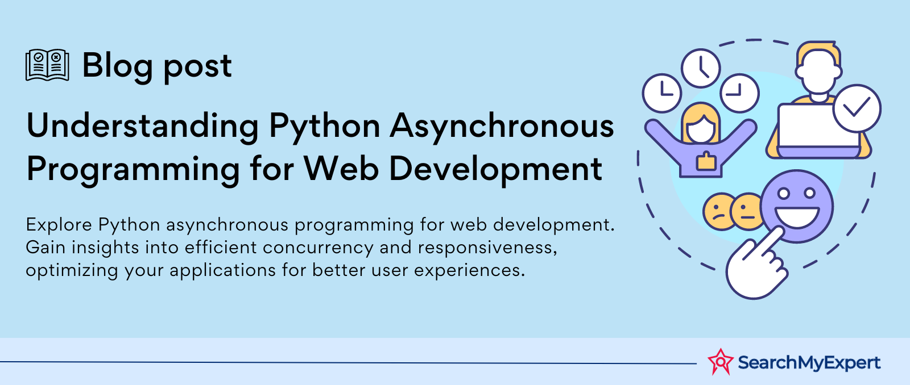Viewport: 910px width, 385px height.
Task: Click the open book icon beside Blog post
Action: tap(47, 65)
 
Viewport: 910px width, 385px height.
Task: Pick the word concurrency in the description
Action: tap(318, 248)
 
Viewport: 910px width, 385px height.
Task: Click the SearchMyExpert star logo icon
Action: tap(720, 362)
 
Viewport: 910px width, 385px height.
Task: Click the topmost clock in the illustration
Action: tap(701, 68)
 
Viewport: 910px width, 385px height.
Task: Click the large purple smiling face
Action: tap(797, 206)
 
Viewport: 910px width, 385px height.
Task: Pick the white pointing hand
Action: tap(756, 266)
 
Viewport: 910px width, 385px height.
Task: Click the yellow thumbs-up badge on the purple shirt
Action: tap(706, 161)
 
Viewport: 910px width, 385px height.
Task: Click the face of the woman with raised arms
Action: tap(701, 128)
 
